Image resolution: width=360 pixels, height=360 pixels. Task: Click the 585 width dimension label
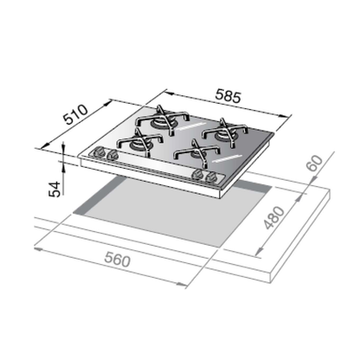[x=228, y=97]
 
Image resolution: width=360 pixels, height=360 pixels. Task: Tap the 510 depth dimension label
[x=75, y=114]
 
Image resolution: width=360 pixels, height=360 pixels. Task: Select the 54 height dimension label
[x=55, y=190]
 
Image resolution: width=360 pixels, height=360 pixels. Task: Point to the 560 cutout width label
[x=117, y=260]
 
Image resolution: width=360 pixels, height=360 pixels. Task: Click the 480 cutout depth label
[x=274, y=218]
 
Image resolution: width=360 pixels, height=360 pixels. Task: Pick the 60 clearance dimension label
[x=315, y=164]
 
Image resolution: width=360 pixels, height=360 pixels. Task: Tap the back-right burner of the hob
[x=224, y=132]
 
